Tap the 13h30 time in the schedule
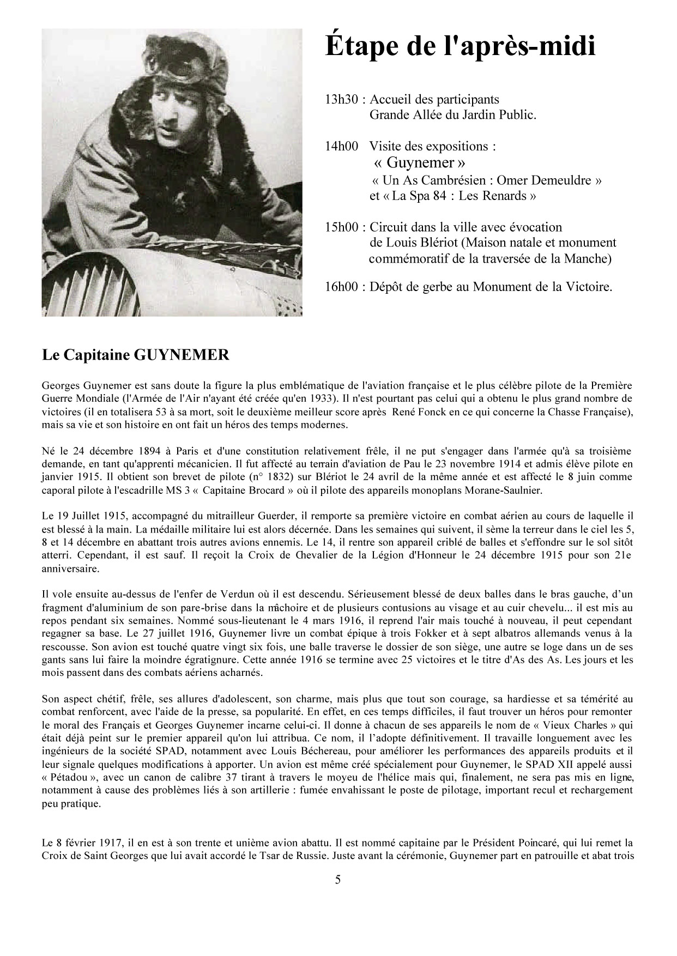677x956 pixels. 341,100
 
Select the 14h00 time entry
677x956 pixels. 341,146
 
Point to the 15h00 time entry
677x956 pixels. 341,227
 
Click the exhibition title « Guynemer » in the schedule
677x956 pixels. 420,162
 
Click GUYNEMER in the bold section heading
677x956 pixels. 181,355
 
